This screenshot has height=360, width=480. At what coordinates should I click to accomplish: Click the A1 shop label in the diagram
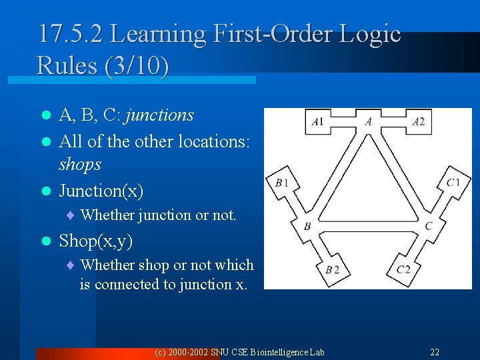(x=317, y=121)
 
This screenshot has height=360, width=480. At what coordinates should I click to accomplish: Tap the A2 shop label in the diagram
(x=418, y=121)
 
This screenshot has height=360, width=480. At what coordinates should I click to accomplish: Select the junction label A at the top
(x=369, y=121)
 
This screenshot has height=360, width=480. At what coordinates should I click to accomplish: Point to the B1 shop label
(x=281, y=183)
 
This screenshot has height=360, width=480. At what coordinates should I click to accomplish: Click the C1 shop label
(x=453, y=183)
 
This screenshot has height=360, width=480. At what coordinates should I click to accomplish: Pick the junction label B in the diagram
(x=307, y=226)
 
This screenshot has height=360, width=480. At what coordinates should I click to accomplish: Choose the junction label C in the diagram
(x=428, y=226)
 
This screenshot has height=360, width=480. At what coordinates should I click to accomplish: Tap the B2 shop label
(x=332, y=269)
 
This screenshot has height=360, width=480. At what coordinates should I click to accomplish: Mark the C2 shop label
(x=403, y=269)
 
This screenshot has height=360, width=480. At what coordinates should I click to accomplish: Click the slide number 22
(x=435, y=352)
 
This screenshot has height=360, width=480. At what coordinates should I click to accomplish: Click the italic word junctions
(x=159, y=115)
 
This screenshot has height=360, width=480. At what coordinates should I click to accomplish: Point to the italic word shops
(x=80, y=164)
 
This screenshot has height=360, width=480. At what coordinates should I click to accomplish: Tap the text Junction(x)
(x=101, y=191)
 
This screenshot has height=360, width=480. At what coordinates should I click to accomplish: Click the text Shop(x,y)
(x=96, y=240)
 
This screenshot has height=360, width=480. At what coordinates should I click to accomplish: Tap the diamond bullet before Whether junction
(x=71, y=215)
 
